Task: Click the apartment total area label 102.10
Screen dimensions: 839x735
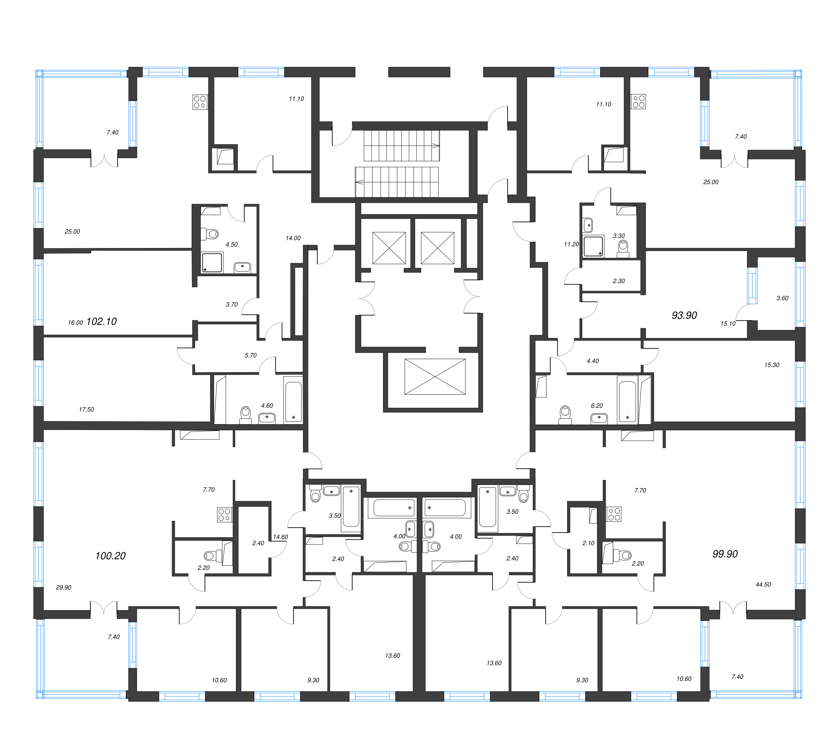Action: pyautogui.click(x=102, y=322)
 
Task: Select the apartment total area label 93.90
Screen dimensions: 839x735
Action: pyautogui.click(x=684, y=315)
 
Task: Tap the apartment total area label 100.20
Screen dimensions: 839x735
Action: pyautogui.click(x=111, y=556)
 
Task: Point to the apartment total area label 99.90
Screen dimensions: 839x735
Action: pyautogui.click(x=725, y=554)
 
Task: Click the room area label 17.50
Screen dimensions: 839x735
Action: pyautogui.click(x=87, y=409)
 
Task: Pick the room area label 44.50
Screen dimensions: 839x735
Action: pyautogui.click(x=763, y=584)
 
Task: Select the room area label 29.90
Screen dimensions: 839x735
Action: pyautogui.click(x=63, y=587)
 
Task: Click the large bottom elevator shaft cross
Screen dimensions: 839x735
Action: pyautogui.click(x=435, y=377)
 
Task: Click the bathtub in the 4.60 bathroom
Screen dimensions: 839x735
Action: pyautogui.click(x=293, y=401)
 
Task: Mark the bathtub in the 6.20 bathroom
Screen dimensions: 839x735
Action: pyautogui.click(x=628, y=401)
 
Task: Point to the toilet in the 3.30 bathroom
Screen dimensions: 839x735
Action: pyautogui.click(x=623, y=249)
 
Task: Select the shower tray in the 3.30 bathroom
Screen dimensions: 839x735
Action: pyautogui.click(x=593, y=246)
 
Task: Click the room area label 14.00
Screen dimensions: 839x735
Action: pyautogui.click(x=293, y=238)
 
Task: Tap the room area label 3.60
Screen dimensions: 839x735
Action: pyautogui.click(x=782, y=298)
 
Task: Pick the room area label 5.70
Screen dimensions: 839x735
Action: pyautogui.click(x=251, y=355)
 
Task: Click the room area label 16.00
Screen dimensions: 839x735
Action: pyautogui.click(x=76, y=323)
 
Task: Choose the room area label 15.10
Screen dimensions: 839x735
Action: pyautogui.click(x=728, y=324)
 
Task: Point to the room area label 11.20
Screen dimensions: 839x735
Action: pyautogui.click(x=572, y=244)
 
